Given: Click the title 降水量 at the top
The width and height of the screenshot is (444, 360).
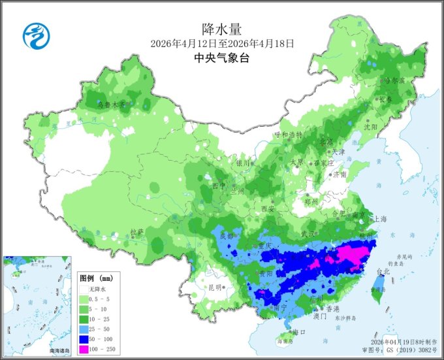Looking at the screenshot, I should click(222, 28).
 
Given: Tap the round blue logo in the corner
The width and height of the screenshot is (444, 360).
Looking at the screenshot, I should click(36, 35).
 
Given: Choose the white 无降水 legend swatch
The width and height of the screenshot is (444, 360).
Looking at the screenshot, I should click(82, 288).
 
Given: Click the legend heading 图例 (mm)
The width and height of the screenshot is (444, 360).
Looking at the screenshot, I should click(95, 278).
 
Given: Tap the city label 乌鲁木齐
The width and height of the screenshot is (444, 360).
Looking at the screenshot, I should click(110, 104).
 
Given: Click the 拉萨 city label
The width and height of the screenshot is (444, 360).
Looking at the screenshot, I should click(136, 231).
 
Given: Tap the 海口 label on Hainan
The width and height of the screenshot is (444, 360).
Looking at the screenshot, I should click(300, 332).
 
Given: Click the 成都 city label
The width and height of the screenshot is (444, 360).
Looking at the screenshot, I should click(227, 236).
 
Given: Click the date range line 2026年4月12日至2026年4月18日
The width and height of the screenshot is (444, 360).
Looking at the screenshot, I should click(222, 43).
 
